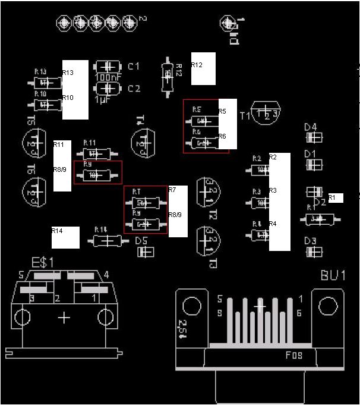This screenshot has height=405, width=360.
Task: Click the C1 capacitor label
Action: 134,66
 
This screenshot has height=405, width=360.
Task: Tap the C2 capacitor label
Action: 134,89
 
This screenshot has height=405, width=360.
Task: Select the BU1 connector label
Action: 333,275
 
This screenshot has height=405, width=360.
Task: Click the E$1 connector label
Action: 43,262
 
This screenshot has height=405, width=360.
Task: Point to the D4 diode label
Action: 310,127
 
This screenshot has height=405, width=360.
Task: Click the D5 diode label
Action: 141,241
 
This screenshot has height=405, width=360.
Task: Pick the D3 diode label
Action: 310,241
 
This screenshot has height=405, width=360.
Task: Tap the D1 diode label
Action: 310,153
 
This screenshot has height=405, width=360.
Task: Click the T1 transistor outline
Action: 266,113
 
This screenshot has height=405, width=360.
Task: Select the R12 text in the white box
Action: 197,64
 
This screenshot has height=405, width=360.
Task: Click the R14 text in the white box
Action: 57,230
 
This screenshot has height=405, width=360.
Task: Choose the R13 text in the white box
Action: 68,73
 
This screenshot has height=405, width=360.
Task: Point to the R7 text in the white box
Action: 172,190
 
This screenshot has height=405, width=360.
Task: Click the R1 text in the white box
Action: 332,197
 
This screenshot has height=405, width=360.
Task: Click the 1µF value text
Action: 102,99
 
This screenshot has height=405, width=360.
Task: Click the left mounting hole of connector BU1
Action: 191,306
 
